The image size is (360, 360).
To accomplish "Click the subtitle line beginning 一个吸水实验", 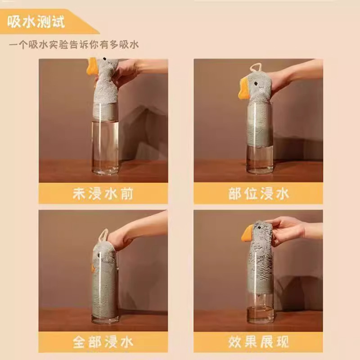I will [74, 44].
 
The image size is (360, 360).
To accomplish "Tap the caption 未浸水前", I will [103, 193].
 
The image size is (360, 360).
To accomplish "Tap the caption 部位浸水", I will [258, 193].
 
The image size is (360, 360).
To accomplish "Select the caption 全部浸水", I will [103, 342].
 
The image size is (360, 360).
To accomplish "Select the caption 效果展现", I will [258, 342].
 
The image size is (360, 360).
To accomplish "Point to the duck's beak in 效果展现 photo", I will [248, 234].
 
